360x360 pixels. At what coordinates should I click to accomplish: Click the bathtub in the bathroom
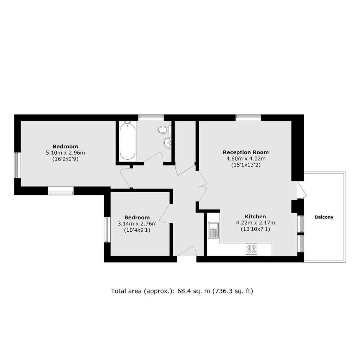click(x=128, y=140)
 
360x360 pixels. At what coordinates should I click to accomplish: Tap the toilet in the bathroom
click(x=164, y=129)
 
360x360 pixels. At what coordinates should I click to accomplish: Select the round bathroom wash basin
click(x=168, y=143)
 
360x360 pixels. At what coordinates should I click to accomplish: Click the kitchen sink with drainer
click(x=214, y=230)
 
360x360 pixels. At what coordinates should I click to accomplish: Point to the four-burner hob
click(x=251, y=249)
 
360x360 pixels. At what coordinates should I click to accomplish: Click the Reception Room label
click(x=245, y=152)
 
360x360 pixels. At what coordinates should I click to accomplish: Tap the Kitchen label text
click(x=255, y=216)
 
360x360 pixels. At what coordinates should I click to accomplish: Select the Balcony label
click(x=324, y=217)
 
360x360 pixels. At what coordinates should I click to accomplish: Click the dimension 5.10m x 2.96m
click(x=65, y=152)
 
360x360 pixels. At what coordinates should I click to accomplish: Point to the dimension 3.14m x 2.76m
click(x=137, y=224)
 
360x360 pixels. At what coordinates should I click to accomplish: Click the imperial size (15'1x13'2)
click(x=245, y=165)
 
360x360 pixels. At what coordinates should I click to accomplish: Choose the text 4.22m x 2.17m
click(x=255, y=223)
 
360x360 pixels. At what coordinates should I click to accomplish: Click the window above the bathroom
click(x=151, y=118)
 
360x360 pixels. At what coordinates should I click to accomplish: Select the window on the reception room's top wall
click(x=248, y=118)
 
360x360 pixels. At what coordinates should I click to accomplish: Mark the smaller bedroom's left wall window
click(x=107, y=229)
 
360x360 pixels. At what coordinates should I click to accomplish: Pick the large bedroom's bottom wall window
click(x=61, y=191)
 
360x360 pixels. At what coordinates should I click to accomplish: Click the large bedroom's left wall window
click(x=18, y=165)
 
